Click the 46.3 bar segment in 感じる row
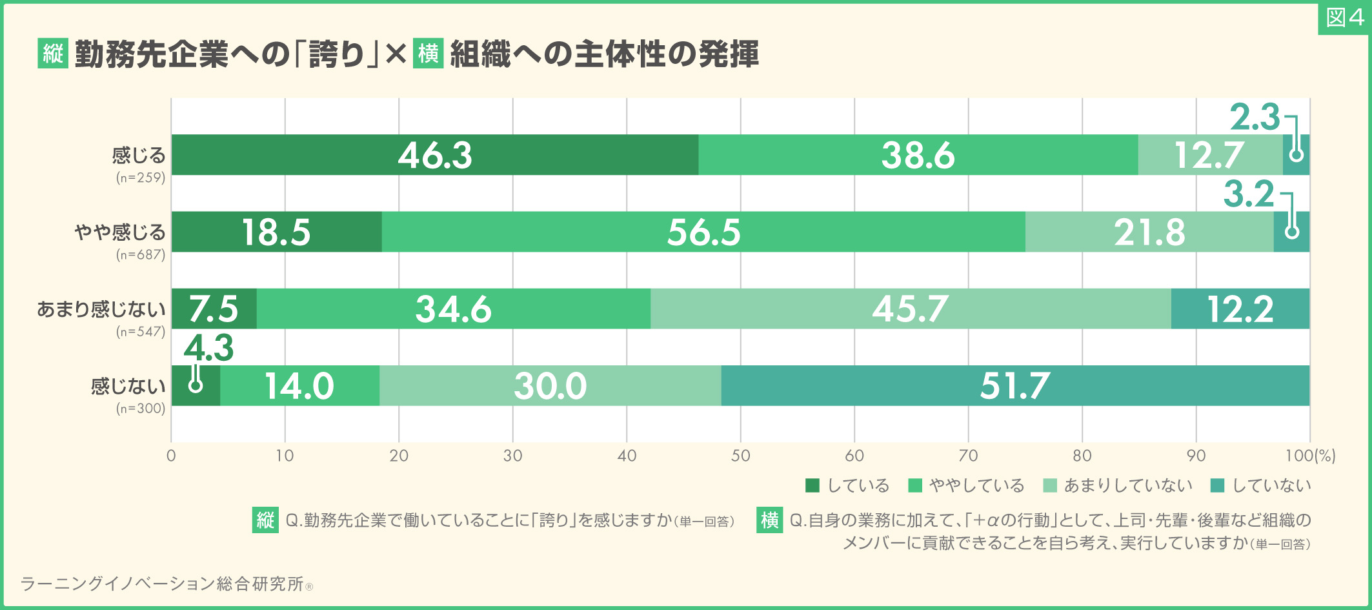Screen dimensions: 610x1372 [434, 155]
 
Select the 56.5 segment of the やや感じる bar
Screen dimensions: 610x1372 [703, 232]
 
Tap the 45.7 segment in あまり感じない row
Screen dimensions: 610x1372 [910, 309]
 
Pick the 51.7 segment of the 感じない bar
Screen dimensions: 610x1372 [1014, 385]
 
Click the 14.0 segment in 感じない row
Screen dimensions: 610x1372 [299, 385]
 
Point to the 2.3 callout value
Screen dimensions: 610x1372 [1254, 117]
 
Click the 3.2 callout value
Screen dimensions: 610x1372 [1249, 194]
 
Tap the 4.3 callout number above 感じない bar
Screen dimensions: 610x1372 [208, 348]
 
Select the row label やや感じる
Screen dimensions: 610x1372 [120, 232]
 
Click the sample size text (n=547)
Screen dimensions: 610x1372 [141, 332]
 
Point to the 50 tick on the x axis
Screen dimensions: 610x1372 [740, 456]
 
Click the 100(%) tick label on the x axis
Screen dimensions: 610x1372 [1309, 456]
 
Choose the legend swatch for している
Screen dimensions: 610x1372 [812, 485]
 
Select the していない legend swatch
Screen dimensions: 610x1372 [1217, 485]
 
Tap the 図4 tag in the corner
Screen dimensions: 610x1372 [1344, 18]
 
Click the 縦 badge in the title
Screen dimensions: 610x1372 [53, 54]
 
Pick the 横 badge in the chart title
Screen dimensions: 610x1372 [428, 54]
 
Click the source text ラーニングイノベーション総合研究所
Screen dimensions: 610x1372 [162, 584]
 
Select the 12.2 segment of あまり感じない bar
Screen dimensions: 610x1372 [1240, 309]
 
